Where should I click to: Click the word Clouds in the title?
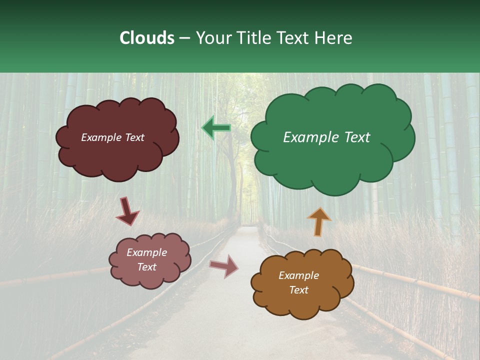(146, 38)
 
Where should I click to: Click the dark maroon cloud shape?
(118, 155)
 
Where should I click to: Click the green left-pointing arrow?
(216, 128)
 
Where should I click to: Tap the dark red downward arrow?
(127, 211)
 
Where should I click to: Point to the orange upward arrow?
(319, 221)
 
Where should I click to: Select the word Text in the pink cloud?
(147, 267)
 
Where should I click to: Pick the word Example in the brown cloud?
(298, 275)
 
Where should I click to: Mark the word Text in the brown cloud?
(298, 290)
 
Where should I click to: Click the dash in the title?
(184, 38)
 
